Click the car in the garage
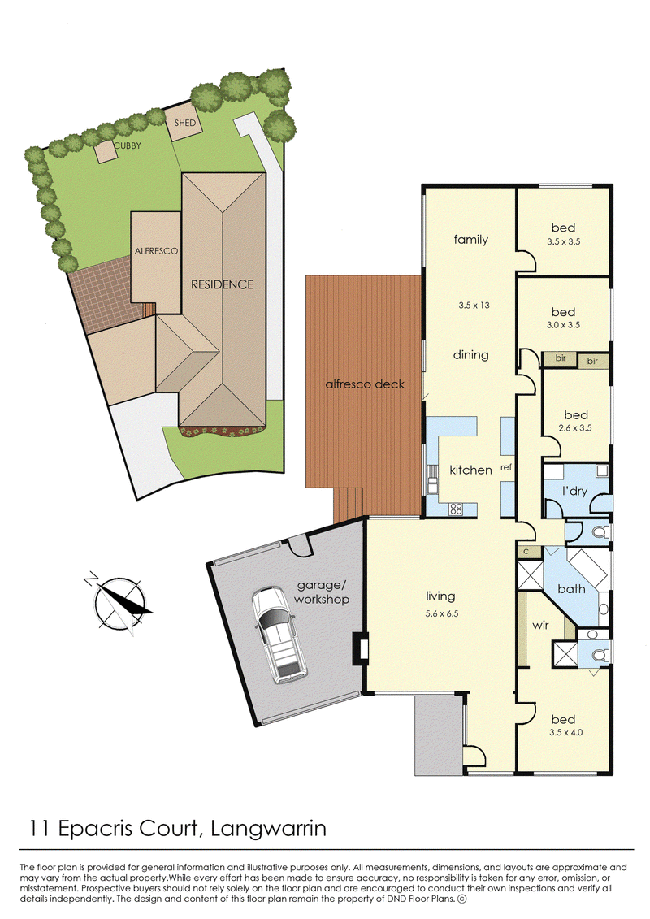pyautogui.click(x=279, y=635)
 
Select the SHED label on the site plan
pyautogui.click(x=184, y=123)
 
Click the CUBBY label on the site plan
pyautogui.click(x=128, y=145)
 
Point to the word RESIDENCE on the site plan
pyautogui.click(x=222, y=284)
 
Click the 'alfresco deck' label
pyautogui.click(x=365, y=384)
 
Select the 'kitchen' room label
pyautogui.click(x=470, y=470)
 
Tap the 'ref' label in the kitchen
pyautogui.click(x=506, y=467)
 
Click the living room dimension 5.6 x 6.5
pyautogui.click(x=442, y=613)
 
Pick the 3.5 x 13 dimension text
pyautogui.click(x=474, y=305)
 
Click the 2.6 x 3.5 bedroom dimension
pyautogui.click(x=575, y=428)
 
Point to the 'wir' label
pyautogui.click(x=540, y=626)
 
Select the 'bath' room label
pyautogui.click(x=571, y=589)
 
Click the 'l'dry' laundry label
pyautogui.click(x=574, y=491)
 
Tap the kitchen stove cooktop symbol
pyautogui.click(x=456, y=509)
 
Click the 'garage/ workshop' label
pyautogui.click(x=322, y=592)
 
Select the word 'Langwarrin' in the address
pyautogui.click(x=268, y=828)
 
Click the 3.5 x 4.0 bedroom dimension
pyautogui.click(x=565, y=732)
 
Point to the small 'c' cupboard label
pyautogui.click(x=526, y=552)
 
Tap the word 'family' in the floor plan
pyautogui.click(x=470, y=239)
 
